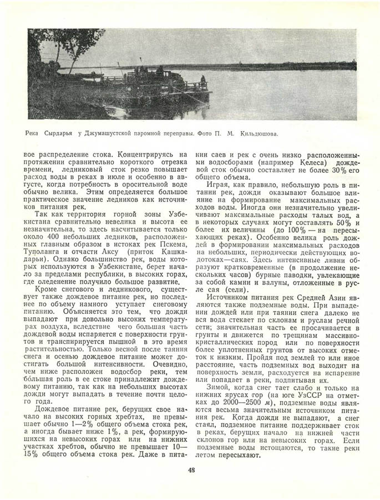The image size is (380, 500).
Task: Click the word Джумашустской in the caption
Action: click(x=115, y=134)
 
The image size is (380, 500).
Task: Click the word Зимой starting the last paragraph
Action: click(x=218, y=386)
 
